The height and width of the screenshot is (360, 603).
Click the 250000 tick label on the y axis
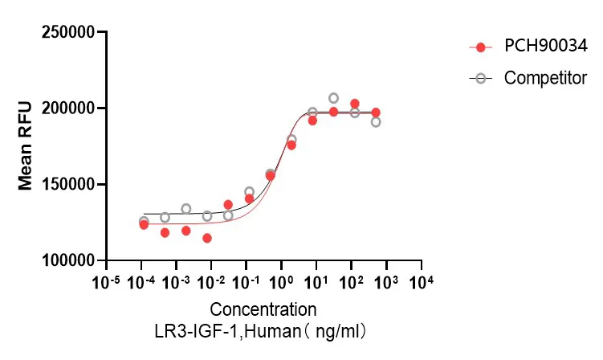tap(67, 33)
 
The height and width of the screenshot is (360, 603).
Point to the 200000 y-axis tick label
tap(67, 108)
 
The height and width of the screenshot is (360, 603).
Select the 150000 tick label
tap(67, 185)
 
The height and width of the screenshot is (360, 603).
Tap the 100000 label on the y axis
tap(67, 261)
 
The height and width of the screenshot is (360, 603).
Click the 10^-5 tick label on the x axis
tap(106, 282)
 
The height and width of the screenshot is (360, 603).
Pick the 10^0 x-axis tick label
tap(282, 282)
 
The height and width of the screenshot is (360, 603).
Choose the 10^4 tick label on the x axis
tap(422, 282)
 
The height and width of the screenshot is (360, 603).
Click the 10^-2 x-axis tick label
tap(212, 282)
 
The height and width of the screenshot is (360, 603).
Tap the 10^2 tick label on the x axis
tap(352, 282)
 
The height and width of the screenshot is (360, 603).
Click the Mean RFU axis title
tap(26, 146)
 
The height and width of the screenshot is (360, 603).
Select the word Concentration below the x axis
tap(263, 309)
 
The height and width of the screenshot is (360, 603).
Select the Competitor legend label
tap(545, 78)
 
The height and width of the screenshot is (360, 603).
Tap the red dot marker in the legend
tap(480, 47)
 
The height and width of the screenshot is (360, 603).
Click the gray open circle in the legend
tap(480, 79)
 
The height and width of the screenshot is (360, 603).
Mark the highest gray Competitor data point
tap(333, 98)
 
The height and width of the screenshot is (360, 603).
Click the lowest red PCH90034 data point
tap(207, 238)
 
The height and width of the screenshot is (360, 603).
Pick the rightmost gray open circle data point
tap(375, 122)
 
